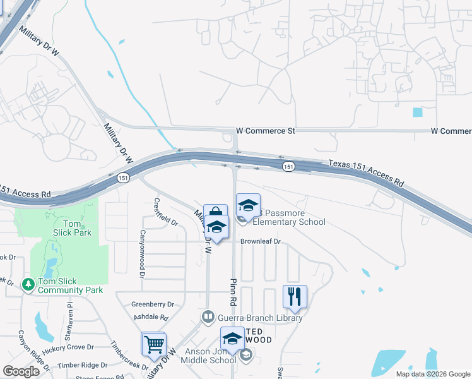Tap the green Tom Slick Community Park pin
28,285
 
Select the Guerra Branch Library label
260,318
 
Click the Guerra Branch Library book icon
208,316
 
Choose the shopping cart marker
154,345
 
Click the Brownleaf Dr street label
260,241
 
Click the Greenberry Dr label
153,304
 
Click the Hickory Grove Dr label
68,349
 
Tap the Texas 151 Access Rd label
365,172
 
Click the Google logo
21,371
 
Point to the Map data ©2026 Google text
432,374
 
